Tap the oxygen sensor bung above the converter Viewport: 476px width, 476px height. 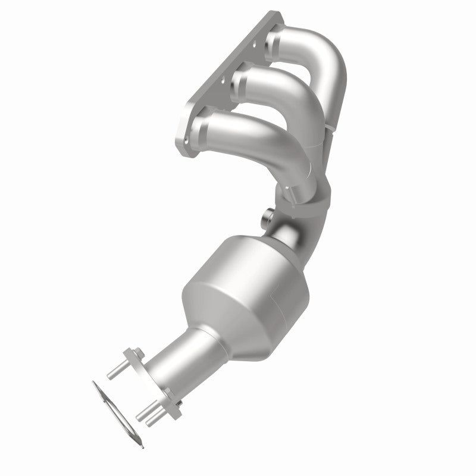point(267,217)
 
